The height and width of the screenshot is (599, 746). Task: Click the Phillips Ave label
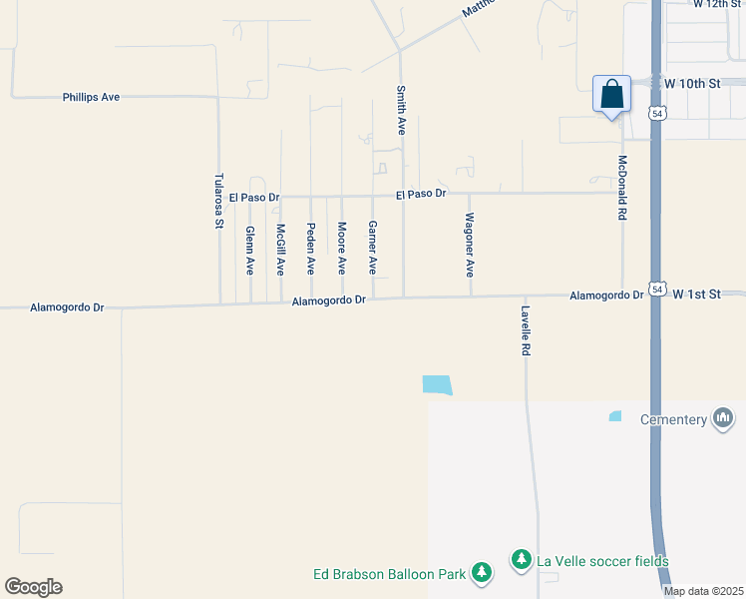[x=91, y=97]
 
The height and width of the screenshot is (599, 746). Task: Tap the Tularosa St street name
[x=218, y=202]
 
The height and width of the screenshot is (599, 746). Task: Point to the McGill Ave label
[x=281, y=250]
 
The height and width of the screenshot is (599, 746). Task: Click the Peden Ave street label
[x=311, y=250]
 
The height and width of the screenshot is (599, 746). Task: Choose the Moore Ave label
[x=341, y=249]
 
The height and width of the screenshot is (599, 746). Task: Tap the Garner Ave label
[x=372, y=249]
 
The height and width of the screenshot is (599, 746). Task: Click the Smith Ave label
[x=402, y=110]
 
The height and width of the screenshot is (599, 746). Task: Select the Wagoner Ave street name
[x=470, y=245]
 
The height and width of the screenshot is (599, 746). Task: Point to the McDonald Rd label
[x=622, y=187]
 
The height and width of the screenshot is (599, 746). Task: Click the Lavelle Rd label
[x=525, y=330]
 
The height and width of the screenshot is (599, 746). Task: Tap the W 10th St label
[x=691, y=83]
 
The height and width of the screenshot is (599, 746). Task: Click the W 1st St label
[x=696, y=295]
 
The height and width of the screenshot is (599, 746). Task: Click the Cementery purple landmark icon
[x=723, y=419]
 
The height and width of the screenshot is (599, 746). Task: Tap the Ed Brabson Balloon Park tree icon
[x=482, y=573]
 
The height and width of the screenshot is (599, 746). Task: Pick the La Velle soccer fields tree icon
[x=520, y=561]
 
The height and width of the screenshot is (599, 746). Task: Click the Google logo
[x=33, y=587]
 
